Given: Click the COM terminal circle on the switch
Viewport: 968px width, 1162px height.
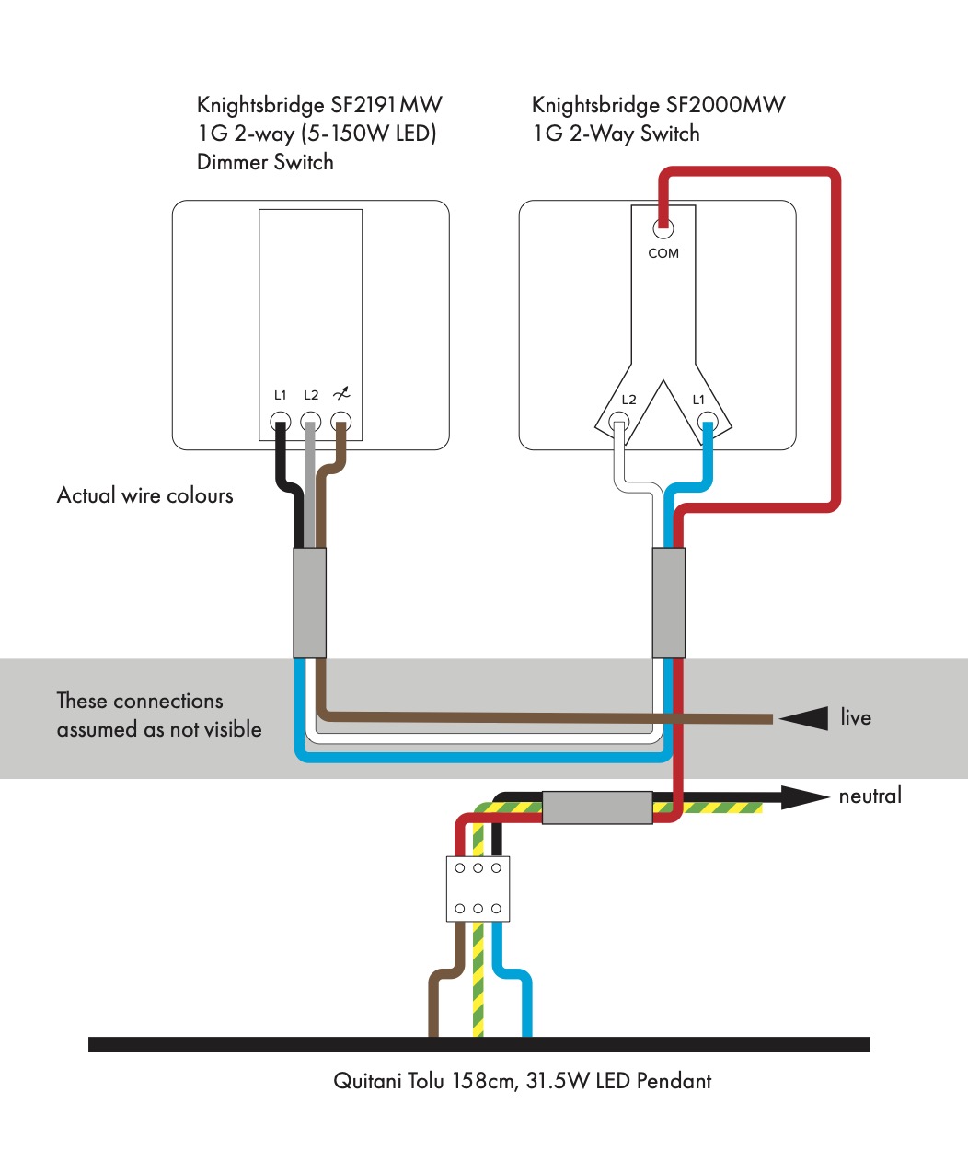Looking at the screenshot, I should point(663,228).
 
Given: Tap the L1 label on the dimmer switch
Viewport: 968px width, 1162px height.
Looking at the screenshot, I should point(281,395).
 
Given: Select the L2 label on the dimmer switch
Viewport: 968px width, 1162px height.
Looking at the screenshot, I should point(311,395).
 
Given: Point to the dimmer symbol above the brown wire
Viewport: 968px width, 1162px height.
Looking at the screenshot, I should point(341,394).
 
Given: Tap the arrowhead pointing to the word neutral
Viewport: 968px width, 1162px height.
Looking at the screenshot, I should point(803,796).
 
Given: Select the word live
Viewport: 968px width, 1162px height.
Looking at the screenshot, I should point(856,717).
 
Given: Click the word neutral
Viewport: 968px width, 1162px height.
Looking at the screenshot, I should point(870,796).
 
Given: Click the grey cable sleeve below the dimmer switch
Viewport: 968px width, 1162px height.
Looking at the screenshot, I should point(309,603).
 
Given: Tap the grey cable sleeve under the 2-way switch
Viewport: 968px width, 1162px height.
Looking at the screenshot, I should point(668,603).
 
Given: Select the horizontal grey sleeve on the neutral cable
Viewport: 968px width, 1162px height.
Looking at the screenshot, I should point(597,808).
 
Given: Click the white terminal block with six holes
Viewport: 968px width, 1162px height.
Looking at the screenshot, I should point(478,889).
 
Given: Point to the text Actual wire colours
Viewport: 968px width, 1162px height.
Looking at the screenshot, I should point(145,495).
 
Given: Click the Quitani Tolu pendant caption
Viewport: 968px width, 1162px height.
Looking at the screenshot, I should point(522,1081).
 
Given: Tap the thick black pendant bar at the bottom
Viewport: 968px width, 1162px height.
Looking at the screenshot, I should point(478,1044).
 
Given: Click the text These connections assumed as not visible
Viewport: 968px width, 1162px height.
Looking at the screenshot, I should point(158,715).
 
